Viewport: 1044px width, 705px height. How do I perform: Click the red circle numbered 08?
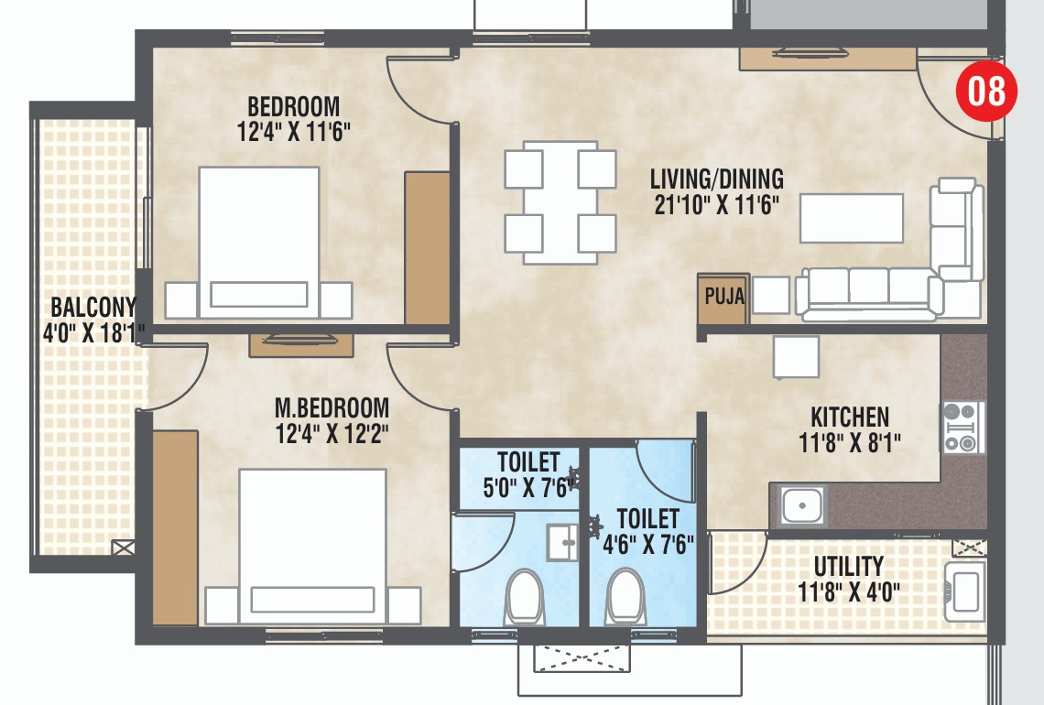pyautogui.click(x=987, y=92)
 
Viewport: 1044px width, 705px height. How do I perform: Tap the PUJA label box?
pyautogui.click(x=723, y=298)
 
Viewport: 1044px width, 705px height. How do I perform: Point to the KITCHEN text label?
pyautogui.click(x=850, y=418)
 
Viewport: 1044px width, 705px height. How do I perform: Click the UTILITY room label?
pyautogui.click(x=848, y=566)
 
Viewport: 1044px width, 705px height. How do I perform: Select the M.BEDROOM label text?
pyautogui.click(x=332, y=407)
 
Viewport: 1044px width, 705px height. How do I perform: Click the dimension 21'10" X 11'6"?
pyautogui.click(x=716, y=204)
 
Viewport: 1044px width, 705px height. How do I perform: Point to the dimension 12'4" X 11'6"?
pyautogui.click(x=294, y=133)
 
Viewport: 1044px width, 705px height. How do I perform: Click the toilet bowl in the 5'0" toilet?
pyautogui.click(x=525, y=595)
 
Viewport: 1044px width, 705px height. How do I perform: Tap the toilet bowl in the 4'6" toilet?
pyautogui.click(x=625, y=595)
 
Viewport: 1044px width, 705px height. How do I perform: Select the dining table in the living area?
pyautogui.click(x=560, y=202)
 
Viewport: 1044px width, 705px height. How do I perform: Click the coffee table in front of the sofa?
pyautogui.click(x=851, y=218)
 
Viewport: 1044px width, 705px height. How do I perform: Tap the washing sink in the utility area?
pyautogui.click(x=964, y=589)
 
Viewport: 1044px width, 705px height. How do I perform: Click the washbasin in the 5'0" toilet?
pyautogui.click(x=560, y=542)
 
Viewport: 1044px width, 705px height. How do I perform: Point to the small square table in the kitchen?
pyautogui.click(x=796, y=357)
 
